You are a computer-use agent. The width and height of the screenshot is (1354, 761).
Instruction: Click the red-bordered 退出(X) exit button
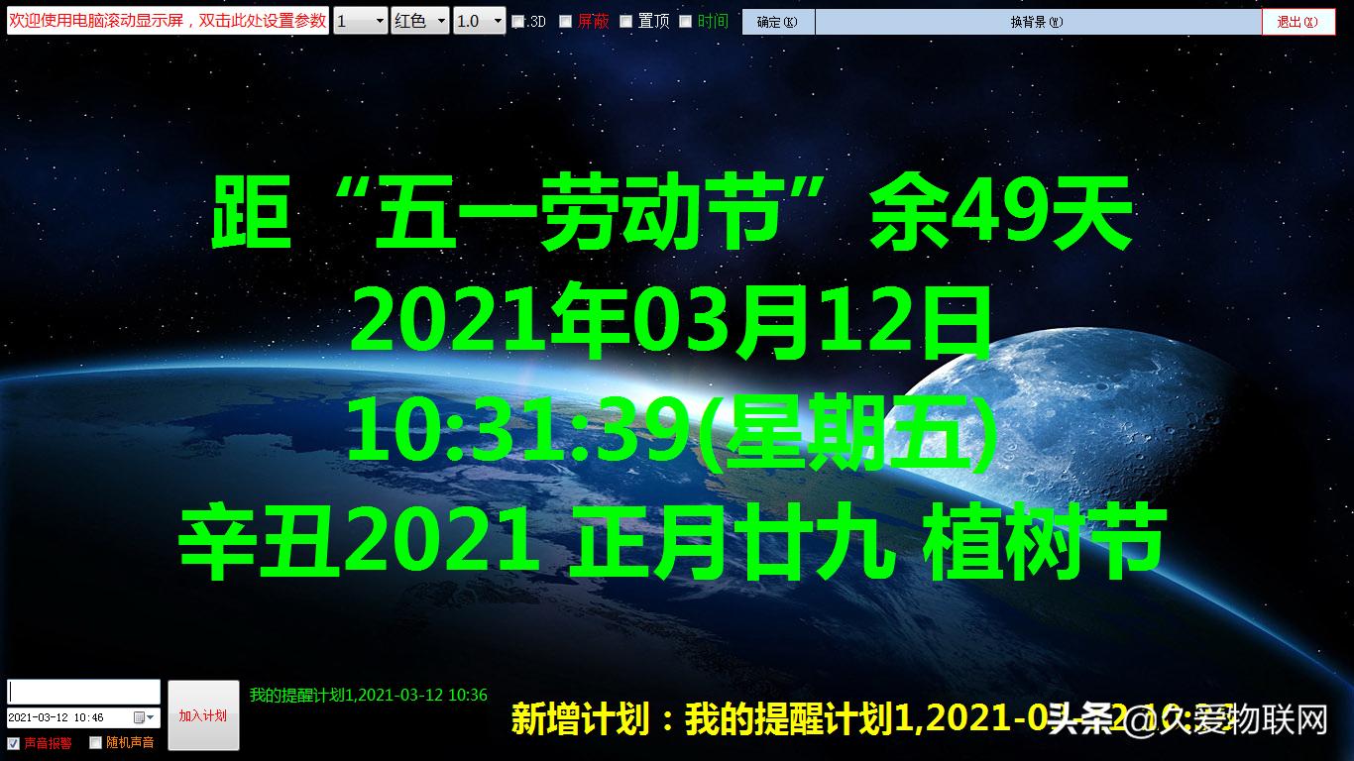click(x=1298, y=22)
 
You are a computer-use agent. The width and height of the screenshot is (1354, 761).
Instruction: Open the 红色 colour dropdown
click(x=420, y=21)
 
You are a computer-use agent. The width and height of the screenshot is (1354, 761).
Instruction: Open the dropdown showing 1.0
click(x=479, y=21)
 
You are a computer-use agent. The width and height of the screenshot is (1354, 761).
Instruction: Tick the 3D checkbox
click(x=517, y=22)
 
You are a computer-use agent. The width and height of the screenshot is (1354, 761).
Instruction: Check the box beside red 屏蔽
click(x=566, y=22)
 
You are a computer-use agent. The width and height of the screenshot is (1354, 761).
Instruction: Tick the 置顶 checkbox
click(x=626, y=22)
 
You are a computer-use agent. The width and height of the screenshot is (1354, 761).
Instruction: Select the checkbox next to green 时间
click(x=685, y=22)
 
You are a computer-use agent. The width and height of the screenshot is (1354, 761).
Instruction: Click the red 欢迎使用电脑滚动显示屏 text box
click(x=168, y=21)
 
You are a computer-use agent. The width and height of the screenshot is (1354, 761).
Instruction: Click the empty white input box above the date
click(x=83, y=692)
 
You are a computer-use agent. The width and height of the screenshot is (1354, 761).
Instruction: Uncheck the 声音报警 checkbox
click(x=14, y=742)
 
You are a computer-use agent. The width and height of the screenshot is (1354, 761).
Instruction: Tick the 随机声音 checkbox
click(x=96, y=742)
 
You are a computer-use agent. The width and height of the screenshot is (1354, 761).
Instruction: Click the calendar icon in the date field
click(x=140, y=717)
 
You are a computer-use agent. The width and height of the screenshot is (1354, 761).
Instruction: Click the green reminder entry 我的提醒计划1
click(x=368, y=696)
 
